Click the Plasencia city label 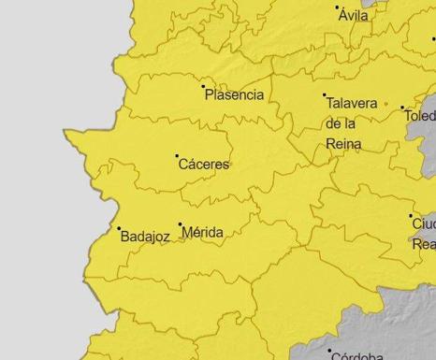tap(234, 95)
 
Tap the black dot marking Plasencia tap(204, 87)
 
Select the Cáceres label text tap(203, 165)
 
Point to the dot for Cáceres tap(177, 155)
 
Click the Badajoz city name tap(145, 238)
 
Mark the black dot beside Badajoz tap(119, 228)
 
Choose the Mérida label tap(203, 232)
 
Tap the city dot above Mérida tap(181, 224)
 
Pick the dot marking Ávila tap(338, 7)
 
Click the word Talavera tap(351, 104)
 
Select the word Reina tap(342, 143)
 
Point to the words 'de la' tap(341, 123)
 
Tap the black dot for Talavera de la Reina tap(325, 95)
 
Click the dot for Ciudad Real tap(411, 216)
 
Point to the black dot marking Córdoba tap(330, 352)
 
